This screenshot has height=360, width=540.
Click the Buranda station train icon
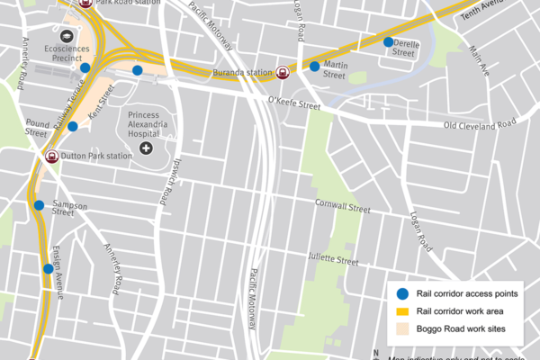(x=283, y=73)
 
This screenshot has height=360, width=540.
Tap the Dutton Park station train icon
(x=53, y=156)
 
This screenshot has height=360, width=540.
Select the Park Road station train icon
(x=85, y=4)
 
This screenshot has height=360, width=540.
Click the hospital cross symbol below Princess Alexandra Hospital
(x=146, y=146)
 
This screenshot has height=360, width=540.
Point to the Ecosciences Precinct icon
(x=67, y=35)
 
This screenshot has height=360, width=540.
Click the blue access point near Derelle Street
(x=388, y=41)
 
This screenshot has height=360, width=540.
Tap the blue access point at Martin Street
(x=314, y=66)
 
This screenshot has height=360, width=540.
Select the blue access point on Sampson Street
(x=39, y=205)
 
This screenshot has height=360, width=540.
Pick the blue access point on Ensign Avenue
(x=48, y=268)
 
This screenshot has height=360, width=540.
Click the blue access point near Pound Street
(x=73, y=127)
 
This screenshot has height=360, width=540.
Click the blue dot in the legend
(x=402, y=293)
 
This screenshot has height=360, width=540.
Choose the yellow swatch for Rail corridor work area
(x=402, y=311)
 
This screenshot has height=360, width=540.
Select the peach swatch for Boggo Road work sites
(x=402, y=329)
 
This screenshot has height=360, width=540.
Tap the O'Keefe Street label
(x=294, y=105)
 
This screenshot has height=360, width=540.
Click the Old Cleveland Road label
(x=480, y=123)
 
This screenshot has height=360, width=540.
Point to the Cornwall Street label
(x=342, y=209)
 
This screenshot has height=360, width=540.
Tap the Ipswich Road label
(x=166, y=175)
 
